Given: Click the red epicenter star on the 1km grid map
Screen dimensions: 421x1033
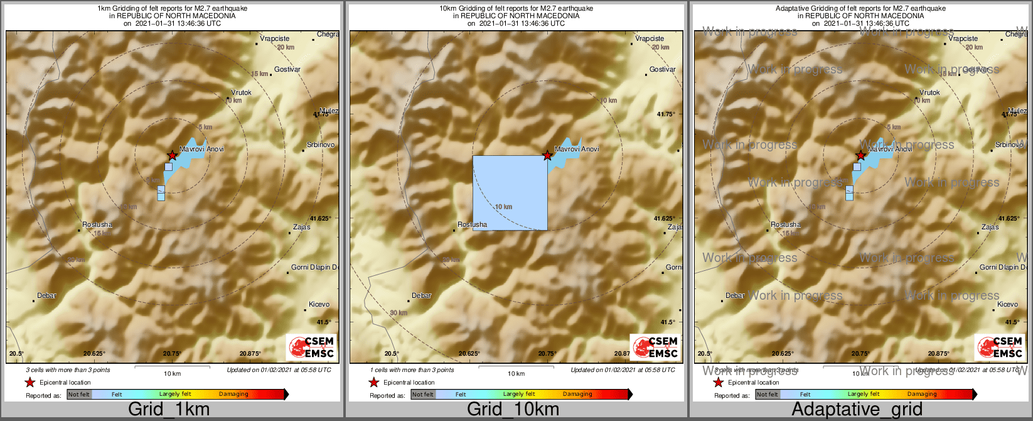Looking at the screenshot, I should [x=172, y=155].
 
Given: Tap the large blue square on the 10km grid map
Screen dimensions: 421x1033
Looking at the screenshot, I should [x=510, y=193].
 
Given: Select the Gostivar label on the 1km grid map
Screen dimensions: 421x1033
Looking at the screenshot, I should [x=287, y=70].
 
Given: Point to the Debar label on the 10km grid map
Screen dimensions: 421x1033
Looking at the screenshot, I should [x=422, y=296].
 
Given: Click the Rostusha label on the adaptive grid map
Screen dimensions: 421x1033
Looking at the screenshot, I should [x=786, y=225].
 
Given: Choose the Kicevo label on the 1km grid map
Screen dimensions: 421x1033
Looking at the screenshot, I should [x=319, y=305].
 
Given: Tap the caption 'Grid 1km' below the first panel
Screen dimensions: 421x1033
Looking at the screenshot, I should [x=169, y=410].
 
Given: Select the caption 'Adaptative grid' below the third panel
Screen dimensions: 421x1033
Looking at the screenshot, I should [x=857, y=410].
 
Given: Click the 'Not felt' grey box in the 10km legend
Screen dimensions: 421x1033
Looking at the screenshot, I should [x=423, y=395].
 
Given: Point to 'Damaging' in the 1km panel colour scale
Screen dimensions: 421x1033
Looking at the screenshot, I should [x=233, y=395].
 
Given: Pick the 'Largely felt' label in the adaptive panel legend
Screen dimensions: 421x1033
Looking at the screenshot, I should [x=864, y=395].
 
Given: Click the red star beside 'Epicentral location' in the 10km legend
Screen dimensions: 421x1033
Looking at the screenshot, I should [x=374, y=383].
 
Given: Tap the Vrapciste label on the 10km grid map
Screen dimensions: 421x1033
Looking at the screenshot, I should [x=650, y=39].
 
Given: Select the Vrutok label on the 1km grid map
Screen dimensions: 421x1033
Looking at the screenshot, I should [x=241, y=93].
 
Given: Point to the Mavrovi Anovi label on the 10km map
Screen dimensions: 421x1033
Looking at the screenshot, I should [x=577, y=150].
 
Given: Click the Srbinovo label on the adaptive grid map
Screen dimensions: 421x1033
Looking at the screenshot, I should [x=1009, y=145].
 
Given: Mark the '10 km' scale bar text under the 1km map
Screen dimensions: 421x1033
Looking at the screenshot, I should [x=173, y=374].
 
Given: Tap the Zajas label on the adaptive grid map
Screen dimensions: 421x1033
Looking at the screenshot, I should [x=990, y=227].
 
